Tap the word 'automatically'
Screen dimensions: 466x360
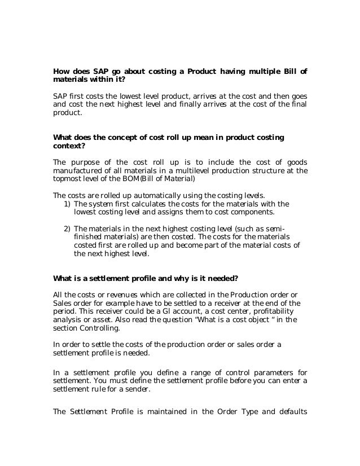coord(143,195)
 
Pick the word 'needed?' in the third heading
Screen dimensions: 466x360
coord(223,278)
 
